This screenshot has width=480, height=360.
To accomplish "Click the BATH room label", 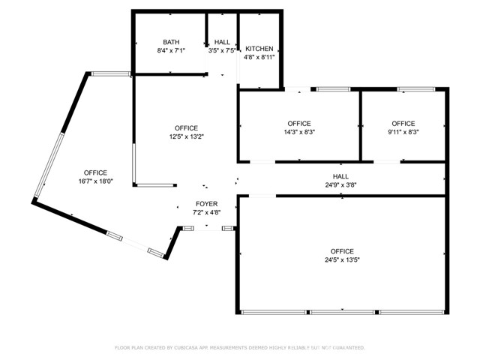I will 172,42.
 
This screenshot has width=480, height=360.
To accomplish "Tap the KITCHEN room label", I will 259,48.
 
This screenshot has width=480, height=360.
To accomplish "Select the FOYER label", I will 207,204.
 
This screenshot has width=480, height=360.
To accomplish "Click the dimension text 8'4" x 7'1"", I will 172,51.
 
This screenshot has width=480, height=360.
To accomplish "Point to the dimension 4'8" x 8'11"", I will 259,57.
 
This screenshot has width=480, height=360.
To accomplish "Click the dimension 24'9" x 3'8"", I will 341,184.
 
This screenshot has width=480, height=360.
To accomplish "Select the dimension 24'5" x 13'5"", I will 342,260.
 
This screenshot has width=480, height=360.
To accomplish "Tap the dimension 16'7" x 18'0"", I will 95,181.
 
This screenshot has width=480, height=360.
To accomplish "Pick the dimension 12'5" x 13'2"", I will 186,136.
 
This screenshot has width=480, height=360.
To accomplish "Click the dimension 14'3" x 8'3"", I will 299,132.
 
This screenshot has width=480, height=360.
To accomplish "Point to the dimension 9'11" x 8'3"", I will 403,132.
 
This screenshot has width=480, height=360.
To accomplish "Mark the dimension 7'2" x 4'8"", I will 207,212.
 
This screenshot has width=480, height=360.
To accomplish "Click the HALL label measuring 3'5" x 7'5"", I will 223,42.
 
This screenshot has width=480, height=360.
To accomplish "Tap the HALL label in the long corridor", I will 341,176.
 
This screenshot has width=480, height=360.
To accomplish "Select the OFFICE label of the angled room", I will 95,172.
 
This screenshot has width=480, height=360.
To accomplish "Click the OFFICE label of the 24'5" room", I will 342,251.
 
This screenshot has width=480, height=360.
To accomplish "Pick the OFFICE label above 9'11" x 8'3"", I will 403,123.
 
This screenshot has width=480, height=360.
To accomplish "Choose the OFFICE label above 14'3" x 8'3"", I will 299,123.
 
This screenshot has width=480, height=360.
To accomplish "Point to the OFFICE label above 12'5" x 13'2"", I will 186,127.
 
